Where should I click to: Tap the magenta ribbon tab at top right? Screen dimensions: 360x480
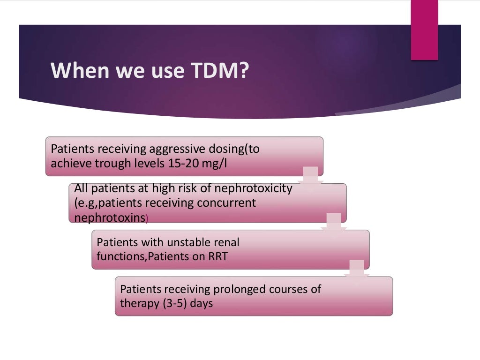pyautogui.click(x=424, y=30)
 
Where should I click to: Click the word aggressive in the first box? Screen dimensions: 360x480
pyautogui.click(x=178, y=149)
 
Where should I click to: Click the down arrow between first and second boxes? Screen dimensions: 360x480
pyautogui.click(x=310, y=175)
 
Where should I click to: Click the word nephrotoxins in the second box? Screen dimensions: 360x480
pyautogui.click(x=109, y=217)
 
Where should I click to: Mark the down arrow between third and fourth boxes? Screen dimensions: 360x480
pyautogui.click(x=357, y=269)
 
